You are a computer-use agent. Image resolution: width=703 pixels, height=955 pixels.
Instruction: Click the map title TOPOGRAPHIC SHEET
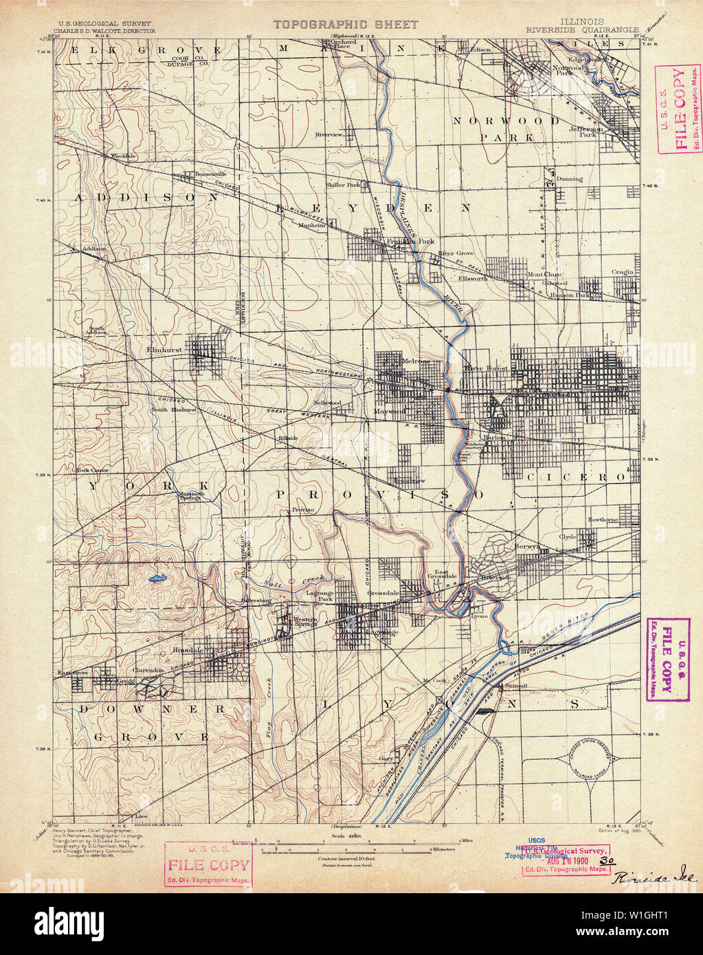346,25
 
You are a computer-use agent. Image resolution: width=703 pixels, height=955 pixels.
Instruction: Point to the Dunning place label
570,179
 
